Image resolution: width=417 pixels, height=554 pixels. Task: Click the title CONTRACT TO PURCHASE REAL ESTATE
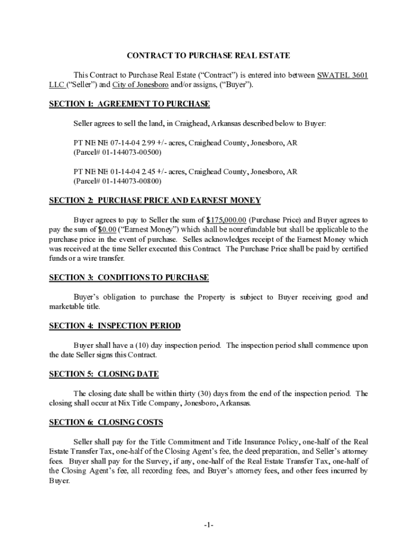[x=208, y=56]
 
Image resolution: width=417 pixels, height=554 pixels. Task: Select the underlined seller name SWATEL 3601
[x=343, y=75]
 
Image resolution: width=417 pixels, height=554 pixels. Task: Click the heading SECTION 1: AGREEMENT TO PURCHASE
[x=129, y=104]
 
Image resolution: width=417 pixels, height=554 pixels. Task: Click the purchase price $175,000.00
[x=227, y=220]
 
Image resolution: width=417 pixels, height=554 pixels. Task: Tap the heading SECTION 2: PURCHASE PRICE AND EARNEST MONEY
[x=155, y=201]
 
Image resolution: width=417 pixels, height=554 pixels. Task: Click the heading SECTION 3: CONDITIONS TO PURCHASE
[x=129, y=278]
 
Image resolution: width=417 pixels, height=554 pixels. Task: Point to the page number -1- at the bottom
[x=209, y=525]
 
